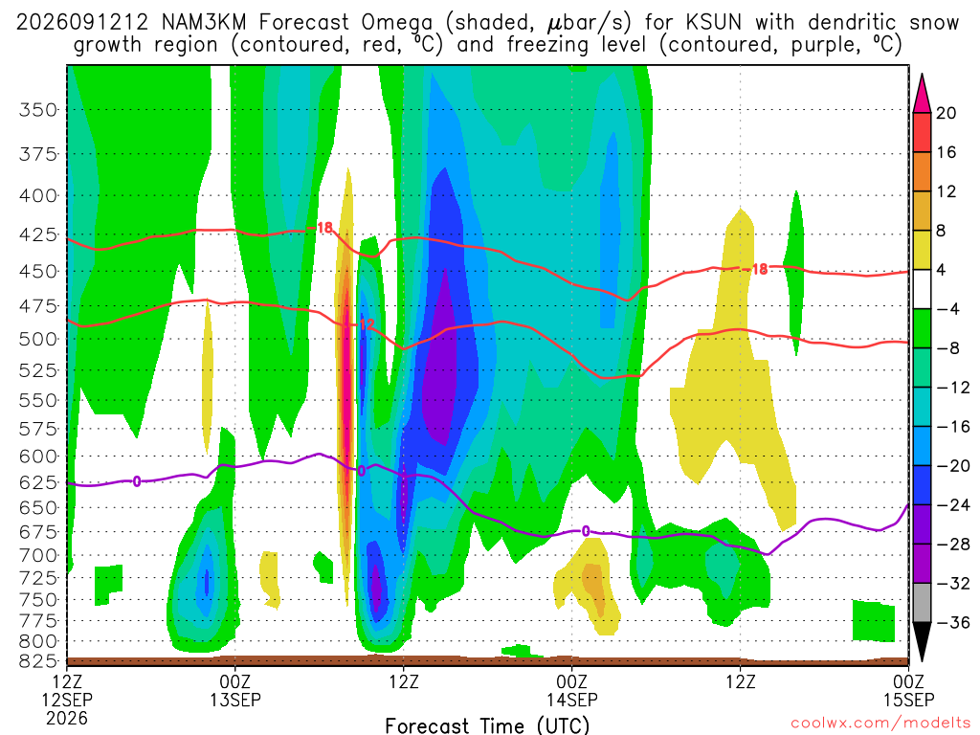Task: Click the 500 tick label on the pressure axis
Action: [38, 339]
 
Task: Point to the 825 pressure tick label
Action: [38, 660]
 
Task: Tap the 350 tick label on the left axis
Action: [38, 110]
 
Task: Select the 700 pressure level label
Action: [38, 555]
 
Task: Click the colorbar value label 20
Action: [947, 113]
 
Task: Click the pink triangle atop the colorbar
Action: [922, 93]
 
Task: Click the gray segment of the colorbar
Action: [922, 603]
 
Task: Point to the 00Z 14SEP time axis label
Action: [572, 690]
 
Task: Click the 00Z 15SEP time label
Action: [908, 690]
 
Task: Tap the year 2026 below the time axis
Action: [67, 719]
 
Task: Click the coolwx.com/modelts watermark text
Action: [880, 724]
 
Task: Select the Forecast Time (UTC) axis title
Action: [487, 725]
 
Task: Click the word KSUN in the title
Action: [713, 23]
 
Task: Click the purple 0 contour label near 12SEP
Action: [136, 480]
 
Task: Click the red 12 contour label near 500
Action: [367, 324]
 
